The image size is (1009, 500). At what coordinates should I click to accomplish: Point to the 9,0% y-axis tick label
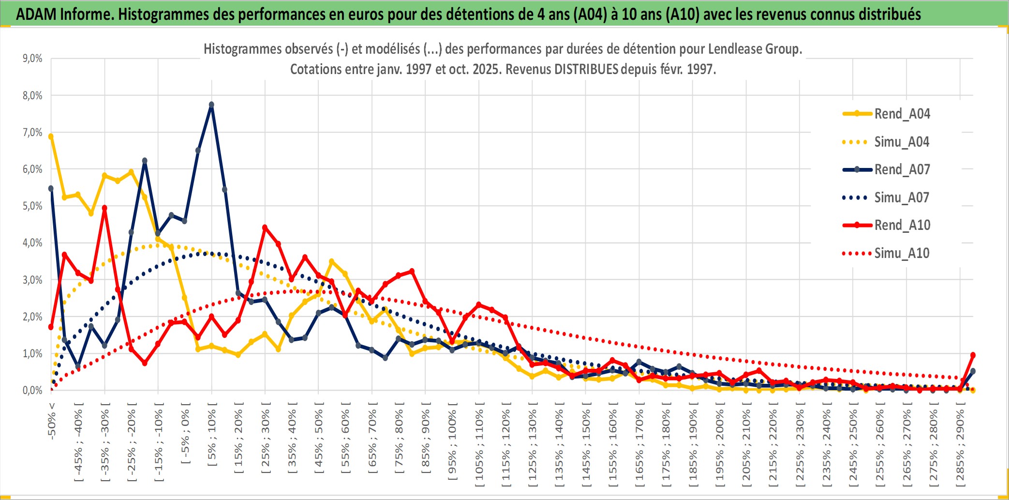point(32,59)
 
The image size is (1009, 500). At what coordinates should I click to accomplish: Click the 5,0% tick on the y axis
point(32,206)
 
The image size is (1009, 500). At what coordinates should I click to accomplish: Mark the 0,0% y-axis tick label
point(32,391)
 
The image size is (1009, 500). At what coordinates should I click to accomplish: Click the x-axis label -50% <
point(52,421)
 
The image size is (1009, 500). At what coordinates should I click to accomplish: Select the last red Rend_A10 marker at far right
point(973,355)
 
